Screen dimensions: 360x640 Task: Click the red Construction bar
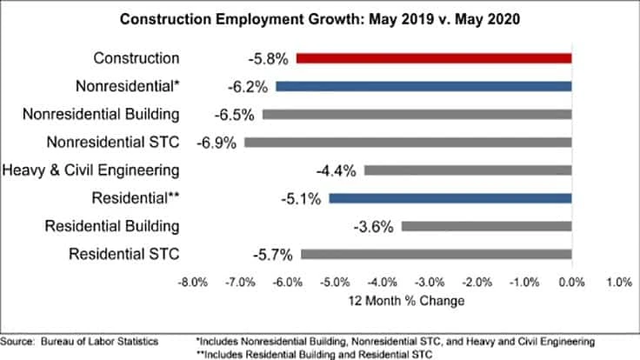click(433, 58)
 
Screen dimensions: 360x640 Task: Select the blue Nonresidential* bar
click(423, 86)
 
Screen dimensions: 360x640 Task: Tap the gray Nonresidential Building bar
click(417, 114)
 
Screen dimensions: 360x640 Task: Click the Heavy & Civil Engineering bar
click(467, 170)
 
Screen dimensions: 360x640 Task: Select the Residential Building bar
click(486, 226)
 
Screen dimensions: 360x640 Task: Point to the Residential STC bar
click(436, 254)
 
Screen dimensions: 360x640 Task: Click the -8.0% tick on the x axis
click(192, 283)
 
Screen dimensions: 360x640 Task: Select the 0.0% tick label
click(571, 283)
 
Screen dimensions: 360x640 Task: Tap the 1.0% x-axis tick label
click(618, 283)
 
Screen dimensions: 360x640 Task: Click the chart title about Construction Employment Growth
click(320, 18)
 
